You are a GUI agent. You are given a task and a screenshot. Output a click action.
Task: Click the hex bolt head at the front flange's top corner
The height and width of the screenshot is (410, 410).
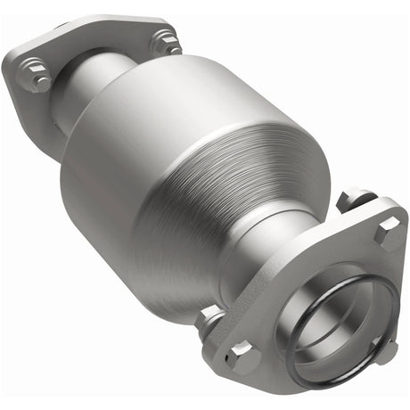pyautogui.click(x=389, y=233)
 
